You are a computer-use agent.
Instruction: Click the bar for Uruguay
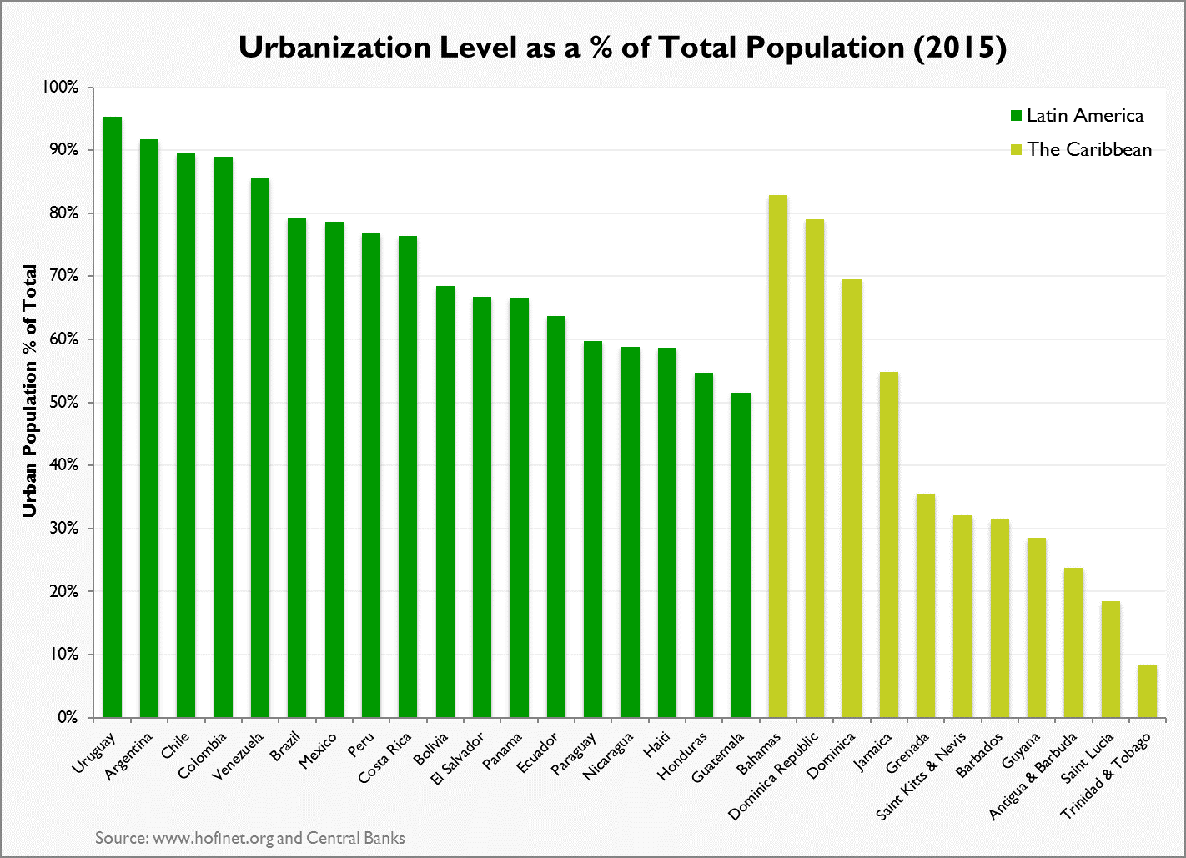coord(113,417)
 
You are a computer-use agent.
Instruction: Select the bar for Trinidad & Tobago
coord(1148,691)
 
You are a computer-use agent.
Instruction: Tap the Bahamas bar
coord(777,456)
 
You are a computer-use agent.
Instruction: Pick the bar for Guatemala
coord(741,555)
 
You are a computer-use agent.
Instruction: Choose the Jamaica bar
coord(889,544)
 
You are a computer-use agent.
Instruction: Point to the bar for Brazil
coord(297,468)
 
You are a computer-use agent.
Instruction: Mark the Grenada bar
coord(926,605)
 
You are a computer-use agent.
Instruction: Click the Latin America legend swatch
coord(1016,115)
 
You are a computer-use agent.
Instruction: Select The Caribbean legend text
coord(1089,150)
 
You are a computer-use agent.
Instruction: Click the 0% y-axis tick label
coord(67,718)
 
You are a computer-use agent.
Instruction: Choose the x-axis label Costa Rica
coord(385,758)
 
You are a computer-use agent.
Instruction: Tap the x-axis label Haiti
coord(657,745)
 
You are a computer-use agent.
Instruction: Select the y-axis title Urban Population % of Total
coord(30,390)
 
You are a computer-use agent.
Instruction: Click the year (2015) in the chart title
coord(960,48)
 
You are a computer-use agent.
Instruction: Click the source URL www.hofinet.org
coord(214,838)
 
